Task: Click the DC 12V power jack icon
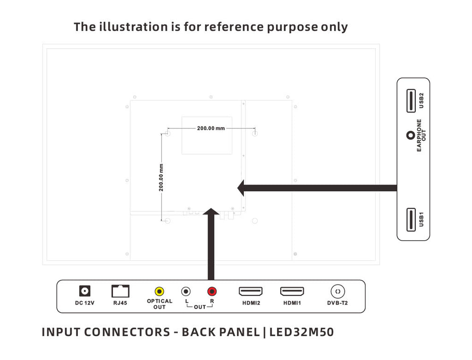85,291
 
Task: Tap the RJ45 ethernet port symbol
120,291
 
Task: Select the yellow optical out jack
160,292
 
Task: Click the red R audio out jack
212,292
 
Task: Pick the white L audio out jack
186,292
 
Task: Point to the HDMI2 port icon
251,291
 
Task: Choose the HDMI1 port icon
292,291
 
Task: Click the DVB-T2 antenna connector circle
337,291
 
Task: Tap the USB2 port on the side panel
410,100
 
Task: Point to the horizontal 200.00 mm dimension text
211,128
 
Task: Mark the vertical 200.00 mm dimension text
161,177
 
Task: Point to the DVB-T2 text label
337,303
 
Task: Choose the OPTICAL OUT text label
160,304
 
